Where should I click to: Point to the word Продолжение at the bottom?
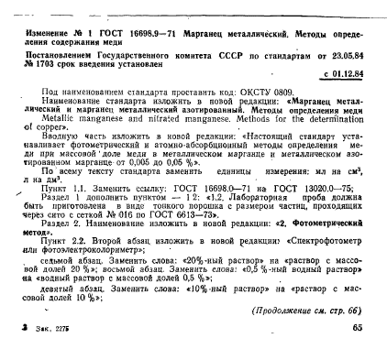coord(281,310)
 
